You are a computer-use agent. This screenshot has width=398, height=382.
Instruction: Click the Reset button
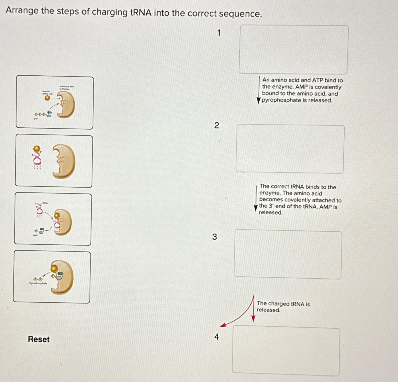[39, 339]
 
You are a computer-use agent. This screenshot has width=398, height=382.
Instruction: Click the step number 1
[219, 33]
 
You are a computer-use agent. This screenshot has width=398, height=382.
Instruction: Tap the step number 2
[217, 125]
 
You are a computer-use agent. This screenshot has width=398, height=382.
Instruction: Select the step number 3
[215, 237]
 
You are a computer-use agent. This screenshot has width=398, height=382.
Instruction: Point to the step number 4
[217, 337]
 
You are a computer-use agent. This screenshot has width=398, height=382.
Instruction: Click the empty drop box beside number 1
[294, 50]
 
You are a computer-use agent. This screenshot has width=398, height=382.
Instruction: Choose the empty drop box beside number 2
[290, 149]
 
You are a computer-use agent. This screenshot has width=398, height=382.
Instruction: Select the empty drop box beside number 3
[288, 254]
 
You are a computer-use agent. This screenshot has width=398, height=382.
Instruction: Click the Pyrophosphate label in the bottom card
[38, 283]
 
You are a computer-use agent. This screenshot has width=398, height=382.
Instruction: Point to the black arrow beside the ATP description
[259, 90]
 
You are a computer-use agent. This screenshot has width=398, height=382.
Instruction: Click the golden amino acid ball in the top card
[47, 98]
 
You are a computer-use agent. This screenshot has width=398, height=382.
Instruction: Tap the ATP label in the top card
[36, 118]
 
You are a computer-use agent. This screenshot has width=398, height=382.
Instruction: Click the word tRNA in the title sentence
[141, 13]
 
